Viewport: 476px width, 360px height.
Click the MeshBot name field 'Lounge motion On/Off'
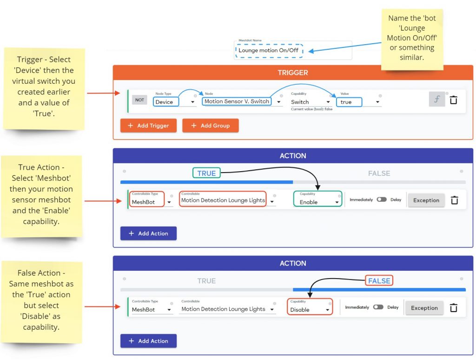(269, 50)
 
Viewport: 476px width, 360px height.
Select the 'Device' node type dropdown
(166, 102)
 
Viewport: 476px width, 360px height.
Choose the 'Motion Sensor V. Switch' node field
(237, 101)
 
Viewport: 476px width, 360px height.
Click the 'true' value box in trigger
(349, 102)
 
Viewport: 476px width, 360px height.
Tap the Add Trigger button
(148, 126)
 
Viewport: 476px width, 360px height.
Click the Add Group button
(211, 126)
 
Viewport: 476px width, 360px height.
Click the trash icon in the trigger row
(454, 100)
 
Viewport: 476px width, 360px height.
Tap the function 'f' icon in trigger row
(437, 100)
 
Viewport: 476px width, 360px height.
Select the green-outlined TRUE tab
(206, 173)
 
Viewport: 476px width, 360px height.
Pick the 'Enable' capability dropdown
(317, 199)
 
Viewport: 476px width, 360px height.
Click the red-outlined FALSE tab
(379, 281)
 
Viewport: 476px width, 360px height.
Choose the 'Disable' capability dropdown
(310, 307)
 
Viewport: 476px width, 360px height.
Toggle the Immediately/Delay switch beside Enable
(382, 200)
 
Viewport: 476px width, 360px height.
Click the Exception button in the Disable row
(424, 308)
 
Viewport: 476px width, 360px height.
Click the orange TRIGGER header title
(293, 73)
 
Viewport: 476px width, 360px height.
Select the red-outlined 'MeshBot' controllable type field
(147, 199)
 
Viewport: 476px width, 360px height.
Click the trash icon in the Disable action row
(454, 307)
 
